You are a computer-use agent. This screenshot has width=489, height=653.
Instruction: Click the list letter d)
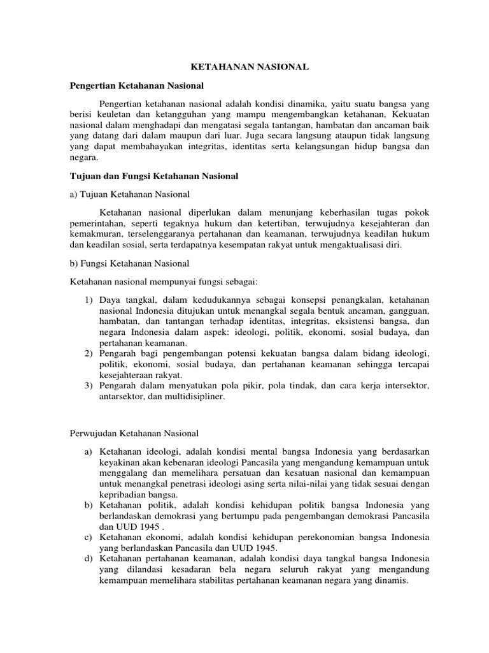(89, 558)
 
